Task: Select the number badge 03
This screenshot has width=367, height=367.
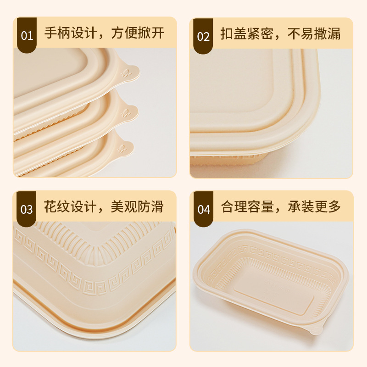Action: tap(27, 209)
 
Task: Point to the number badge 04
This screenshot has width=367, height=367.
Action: tap(203, 209)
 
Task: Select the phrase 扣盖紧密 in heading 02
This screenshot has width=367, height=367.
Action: tap(243, 33)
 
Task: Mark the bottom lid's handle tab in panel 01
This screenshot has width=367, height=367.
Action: tap(122, 147)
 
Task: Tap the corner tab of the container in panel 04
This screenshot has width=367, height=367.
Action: tap(315, 329)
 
